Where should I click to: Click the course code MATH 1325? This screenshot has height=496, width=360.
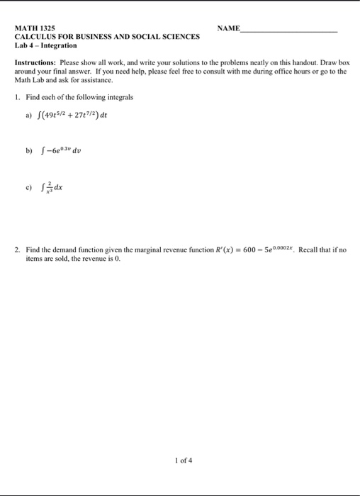tap(35, 28)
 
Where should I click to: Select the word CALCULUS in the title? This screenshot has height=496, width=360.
tap(36, 37)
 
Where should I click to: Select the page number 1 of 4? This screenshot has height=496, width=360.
tap(183, 459)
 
